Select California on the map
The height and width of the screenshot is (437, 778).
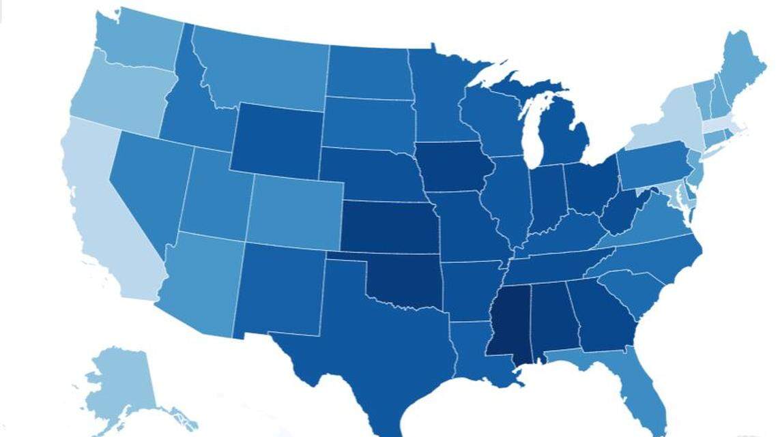109,218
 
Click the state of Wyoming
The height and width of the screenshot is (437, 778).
276,140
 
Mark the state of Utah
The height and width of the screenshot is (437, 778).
215,198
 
